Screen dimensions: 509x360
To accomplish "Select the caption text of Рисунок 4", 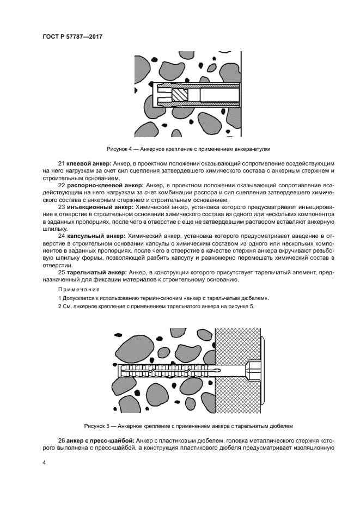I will pyautogui.click(x=188, y=149).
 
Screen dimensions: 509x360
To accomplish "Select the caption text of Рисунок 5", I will pyautogui.click(x=188, y=425).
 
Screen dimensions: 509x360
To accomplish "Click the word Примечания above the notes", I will pyautogui.click(x=75, y=289).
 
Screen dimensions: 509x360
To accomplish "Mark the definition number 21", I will pyautogui.click(x=62, y=164).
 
